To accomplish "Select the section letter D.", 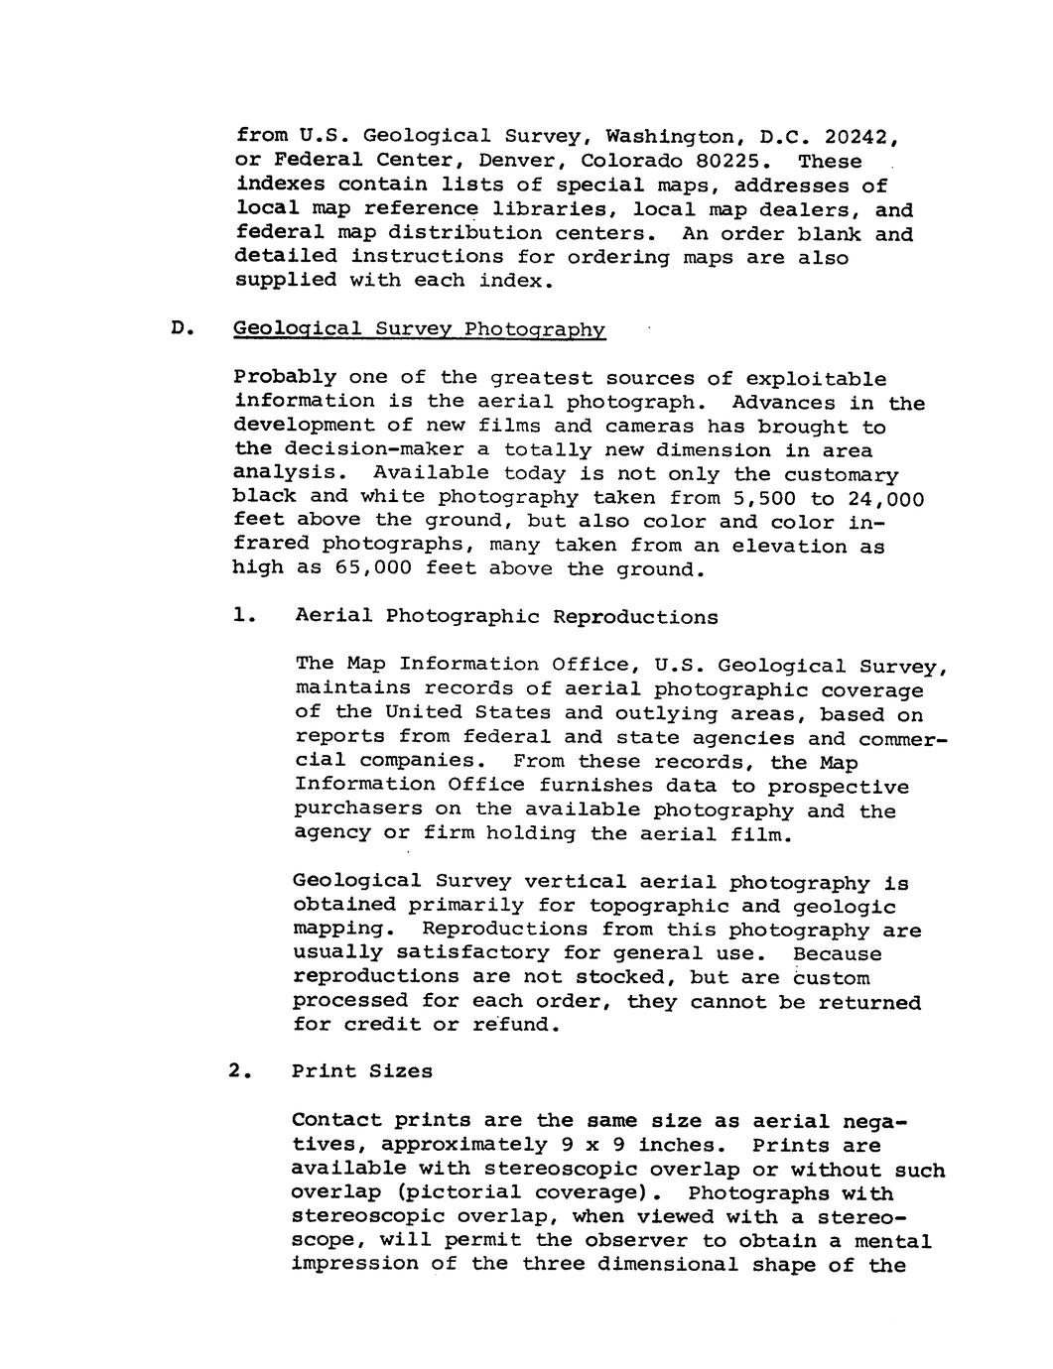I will [x=179, y=329].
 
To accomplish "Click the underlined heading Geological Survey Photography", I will [x=419, y=329].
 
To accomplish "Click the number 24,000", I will [x=885, y=497].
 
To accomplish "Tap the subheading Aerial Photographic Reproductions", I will [x=506, y=616].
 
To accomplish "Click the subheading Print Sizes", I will [x=362, y=1071].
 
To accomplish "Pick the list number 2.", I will [x=235, y=1071].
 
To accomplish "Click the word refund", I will [x=516, y=1025].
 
